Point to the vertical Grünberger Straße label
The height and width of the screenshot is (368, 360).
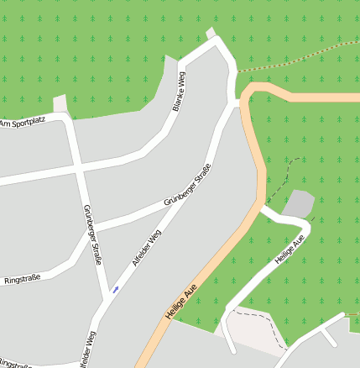click(92, 235)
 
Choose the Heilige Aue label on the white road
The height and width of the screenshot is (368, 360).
click(289, 250)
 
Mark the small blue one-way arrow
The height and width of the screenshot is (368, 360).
click(115, 290)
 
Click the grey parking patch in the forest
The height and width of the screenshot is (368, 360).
click(300, 202)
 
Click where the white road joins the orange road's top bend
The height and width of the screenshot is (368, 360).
click(238, 103)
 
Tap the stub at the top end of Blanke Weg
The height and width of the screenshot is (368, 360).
click(211, 34)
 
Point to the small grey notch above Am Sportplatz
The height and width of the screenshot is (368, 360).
click(59, 103)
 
